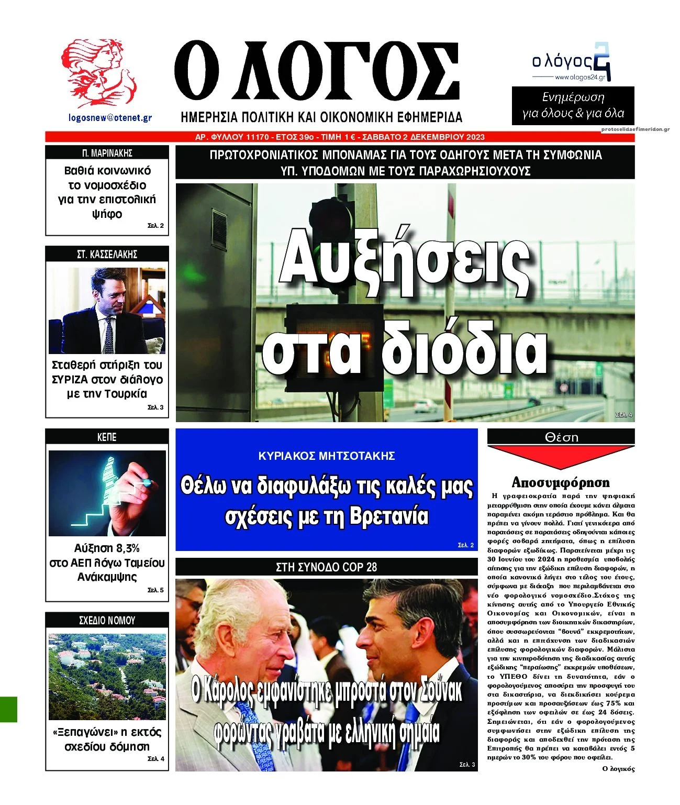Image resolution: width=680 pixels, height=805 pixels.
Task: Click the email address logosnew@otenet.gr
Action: point(110,118)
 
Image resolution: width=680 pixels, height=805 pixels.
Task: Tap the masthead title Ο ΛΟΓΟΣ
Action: point(317,73)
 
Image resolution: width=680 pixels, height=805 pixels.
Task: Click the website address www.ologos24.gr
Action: point(579,77)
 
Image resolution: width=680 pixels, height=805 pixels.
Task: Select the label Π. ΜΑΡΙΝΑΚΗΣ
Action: point(107,153)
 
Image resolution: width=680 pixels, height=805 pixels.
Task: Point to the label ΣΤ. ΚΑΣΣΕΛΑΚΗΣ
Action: point(107,255)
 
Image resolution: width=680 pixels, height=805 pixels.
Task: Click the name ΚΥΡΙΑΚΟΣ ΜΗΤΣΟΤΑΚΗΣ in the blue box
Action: point(327,456)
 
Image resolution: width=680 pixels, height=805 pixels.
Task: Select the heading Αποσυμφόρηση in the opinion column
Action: point(561,482)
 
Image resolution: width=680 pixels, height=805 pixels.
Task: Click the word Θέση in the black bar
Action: point(561,437)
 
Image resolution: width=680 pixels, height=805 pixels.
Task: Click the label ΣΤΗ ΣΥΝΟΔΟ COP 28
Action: point(326,567)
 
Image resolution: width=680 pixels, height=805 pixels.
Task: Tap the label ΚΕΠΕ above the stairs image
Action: point(107,437)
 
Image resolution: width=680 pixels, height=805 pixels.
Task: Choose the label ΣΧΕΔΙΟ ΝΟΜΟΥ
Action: point(107,621)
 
